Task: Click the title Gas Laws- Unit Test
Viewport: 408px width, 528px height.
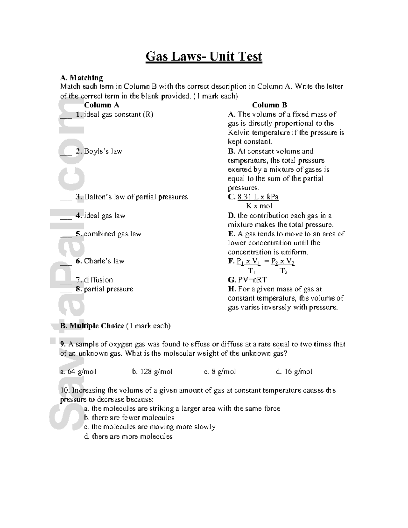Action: coord(204,56)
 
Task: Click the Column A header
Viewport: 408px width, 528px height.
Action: coord(102,105)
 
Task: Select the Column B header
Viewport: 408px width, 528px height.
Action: coord(269,105)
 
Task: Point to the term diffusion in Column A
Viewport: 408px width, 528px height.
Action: coord(98,280)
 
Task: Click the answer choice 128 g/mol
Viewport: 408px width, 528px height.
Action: coord(152,372)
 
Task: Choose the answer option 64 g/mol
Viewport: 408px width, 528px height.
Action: coord(78,372)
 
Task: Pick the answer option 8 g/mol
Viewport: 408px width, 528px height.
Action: coord(220,372)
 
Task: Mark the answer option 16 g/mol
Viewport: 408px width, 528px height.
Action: coord(294,372)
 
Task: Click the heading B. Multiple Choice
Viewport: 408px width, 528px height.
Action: coord(92,326)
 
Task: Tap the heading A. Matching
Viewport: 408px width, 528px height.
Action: coord(81,78)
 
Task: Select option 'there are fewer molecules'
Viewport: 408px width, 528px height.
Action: coord(129,418)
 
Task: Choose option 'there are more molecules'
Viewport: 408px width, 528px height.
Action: coord(128,436)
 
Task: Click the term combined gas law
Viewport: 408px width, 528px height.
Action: coord(113,234)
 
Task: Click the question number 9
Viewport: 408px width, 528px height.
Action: coord(63,344)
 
